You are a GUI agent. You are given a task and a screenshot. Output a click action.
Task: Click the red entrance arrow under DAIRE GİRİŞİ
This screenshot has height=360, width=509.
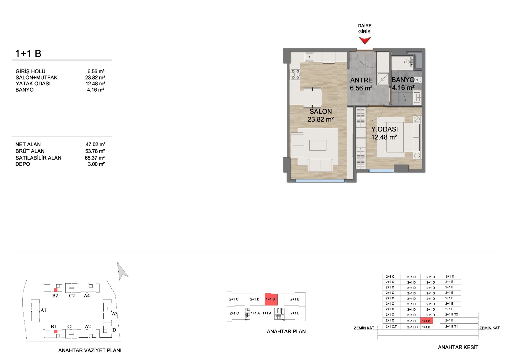coord(365,40)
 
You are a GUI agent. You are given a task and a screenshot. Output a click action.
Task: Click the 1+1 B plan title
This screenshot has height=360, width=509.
coord(28,53)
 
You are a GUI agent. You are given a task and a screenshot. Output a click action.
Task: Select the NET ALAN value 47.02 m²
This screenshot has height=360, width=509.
coord(95,144)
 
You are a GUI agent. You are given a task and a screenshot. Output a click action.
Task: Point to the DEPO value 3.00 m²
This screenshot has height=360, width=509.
coord(96,164)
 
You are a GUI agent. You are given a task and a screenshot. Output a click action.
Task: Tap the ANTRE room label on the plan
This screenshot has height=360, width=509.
coord(361,80)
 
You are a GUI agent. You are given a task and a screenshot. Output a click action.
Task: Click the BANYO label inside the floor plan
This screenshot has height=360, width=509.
coord(403,80)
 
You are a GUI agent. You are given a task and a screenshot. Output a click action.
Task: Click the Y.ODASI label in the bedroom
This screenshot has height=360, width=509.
coord(385,129)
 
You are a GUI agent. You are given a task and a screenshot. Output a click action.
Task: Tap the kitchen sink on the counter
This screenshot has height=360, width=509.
coord(309,57)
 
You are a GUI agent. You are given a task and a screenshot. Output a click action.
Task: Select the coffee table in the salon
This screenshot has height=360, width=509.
coord(318,145)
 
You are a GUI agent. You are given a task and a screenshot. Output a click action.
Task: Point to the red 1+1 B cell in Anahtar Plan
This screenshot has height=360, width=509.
coord(271,299)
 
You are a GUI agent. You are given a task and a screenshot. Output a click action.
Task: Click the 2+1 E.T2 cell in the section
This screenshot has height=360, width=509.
coord(451,314)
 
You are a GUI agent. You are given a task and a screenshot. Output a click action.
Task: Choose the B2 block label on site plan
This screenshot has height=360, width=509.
coord(55,296)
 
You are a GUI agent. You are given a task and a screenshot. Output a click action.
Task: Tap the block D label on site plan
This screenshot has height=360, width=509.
coord(114,330)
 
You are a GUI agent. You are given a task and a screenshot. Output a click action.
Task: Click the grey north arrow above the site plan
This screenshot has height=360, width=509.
coord(122,271)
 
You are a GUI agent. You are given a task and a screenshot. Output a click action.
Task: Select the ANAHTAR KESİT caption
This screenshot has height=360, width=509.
coord(458,347)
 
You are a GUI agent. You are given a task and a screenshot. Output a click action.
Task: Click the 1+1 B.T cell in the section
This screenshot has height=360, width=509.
coord(427,327)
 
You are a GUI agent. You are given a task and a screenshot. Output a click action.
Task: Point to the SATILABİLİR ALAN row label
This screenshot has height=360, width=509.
coord(38,158)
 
